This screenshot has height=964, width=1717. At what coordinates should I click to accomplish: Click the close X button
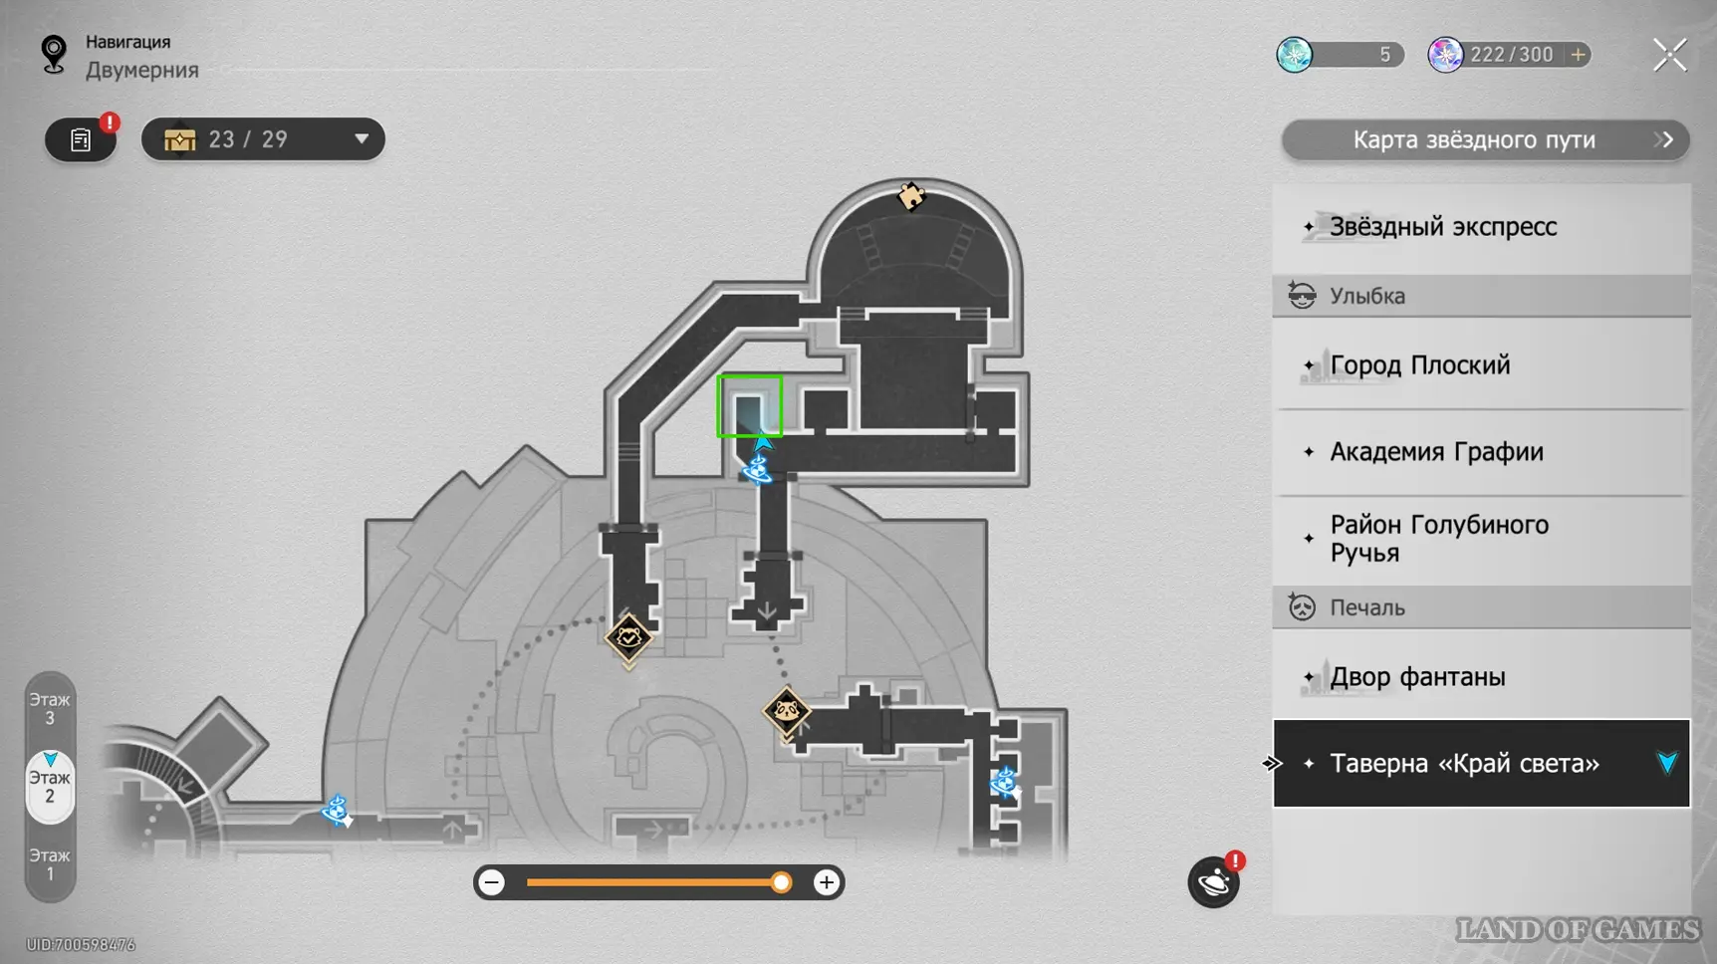(1669, 55)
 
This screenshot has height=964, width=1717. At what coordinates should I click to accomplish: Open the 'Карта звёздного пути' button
(1484, 140)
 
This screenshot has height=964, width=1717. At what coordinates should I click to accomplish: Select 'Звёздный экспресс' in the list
(1442, 227)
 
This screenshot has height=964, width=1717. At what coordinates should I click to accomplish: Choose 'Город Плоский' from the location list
(1419, 365)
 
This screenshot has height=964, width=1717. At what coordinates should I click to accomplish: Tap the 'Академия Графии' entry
(1436, 452)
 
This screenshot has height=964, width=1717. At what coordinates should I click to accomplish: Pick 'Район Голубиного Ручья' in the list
(1438, 539)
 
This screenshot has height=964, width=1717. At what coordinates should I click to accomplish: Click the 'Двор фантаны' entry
(1417, 677)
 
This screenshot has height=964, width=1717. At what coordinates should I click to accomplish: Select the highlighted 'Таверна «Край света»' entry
(1464, 764)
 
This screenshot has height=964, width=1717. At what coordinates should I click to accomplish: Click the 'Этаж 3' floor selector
(50, 709)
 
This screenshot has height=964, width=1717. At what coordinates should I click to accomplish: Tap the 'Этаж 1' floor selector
(50, 864)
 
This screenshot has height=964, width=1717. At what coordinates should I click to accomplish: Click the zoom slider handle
(782, 882)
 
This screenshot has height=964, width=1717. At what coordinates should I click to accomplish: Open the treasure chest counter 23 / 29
(263, 139)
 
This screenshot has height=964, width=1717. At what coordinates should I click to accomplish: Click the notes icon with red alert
(81, 140)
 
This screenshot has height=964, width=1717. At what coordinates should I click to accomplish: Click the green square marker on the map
(749, 406)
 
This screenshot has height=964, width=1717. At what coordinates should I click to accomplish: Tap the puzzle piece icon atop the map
(910, 196)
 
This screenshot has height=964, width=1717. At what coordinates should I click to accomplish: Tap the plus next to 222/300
(1578, 55)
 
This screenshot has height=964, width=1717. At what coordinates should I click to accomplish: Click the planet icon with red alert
(1213, 882)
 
